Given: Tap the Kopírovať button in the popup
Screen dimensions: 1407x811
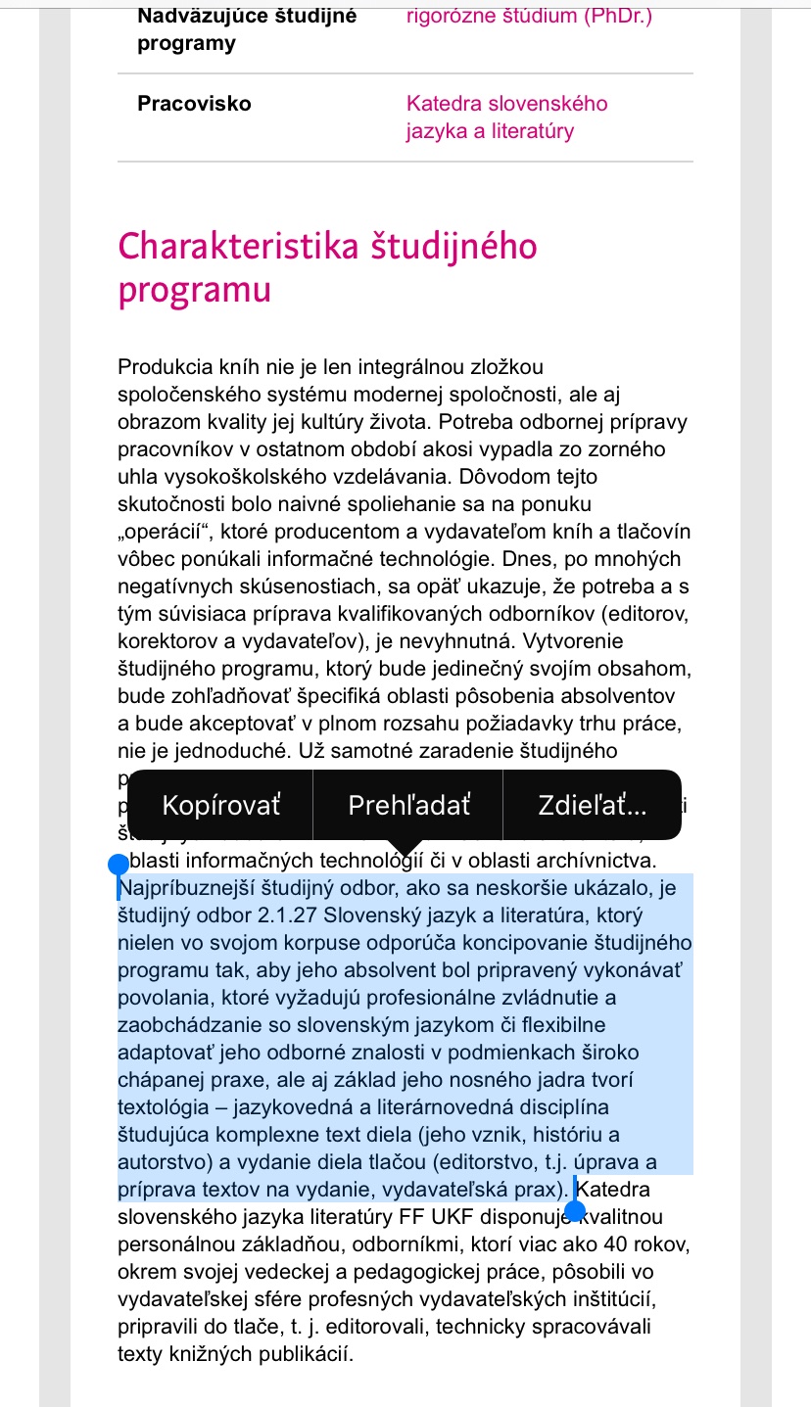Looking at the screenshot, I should [x=220, y=805].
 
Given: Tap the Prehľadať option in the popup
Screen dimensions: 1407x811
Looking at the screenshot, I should [x=408, y=805].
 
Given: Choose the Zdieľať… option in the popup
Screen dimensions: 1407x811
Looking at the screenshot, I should [x=592, y=805].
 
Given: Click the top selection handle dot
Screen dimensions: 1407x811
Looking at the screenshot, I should [x=119, y=864].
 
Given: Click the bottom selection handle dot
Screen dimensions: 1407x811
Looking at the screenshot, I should [x=576, y=1212].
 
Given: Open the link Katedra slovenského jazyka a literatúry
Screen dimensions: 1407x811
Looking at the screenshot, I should [x=505, y=117].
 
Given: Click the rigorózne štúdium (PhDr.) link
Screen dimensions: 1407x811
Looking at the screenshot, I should [x=528, y=16].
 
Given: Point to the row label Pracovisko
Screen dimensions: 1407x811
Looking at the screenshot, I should [x=194, y=104].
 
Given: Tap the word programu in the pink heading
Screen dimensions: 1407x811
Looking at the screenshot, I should [x=193, y=291].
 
